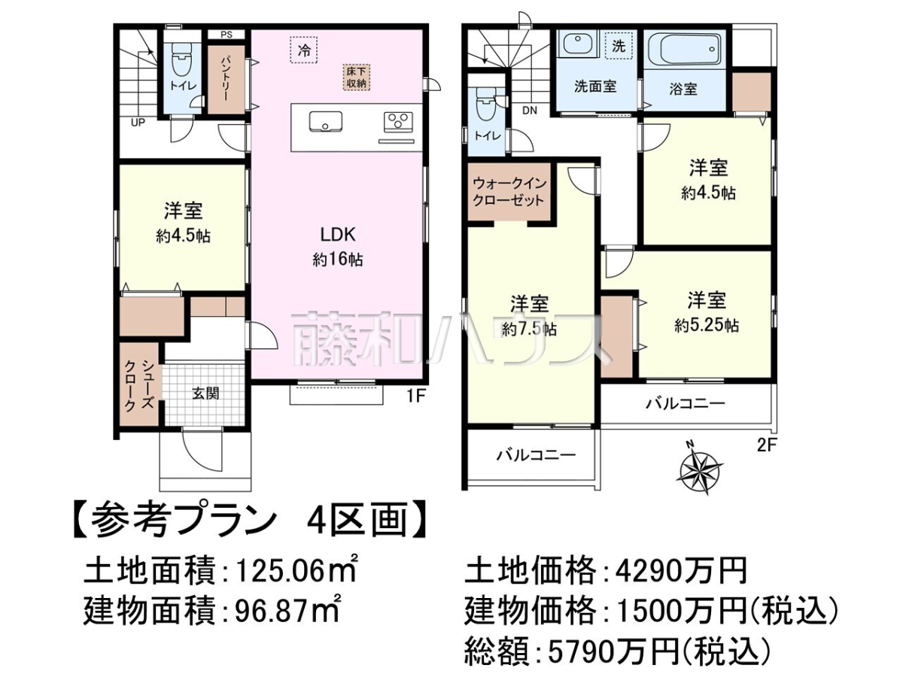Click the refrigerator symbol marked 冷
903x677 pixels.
tap(304, 50)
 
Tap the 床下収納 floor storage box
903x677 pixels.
tap(357, 77)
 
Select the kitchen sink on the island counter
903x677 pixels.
tap(326, 121)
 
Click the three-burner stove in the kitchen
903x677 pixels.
tap(398, 122)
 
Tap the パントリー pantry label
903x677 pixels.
tap(227, 80)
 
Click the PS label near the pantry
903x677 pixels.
tap(227, 35)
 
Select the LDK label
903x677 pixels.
tap(337, 235)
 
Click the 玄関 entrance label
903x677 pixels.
tap(205, 393)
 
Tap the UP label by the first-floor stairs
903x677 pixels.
tap(138, 122)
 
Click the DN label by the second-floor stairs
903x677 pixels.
tap(530, 110)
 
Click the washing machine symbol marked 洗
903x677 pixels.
tap(619, 47)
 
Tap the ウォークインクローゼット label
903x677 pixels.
tap(509, 192)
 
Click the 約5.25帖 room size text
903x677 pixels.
tap(706, 326)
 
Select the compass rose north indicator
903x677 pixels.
tap(700, 469)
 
